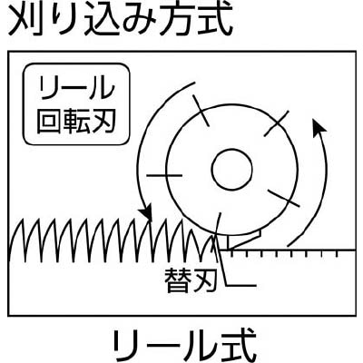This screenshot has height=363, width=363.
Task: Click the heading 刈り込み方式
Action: click(x=121, y=20)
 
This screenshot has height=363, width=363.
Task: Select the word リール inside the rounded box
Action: click(x=76, y=87)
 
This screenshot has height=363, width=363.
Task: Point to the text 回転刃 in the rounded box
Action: click(x=76, y=120)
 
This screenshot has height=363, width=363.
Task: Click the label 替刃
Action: click(x=191, y=280)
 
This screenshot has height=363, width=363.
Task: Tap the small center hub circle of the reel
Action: click(x=232, y=169)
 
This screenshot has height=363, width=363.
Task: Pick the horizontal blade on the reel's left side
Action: click(x=164, y=175)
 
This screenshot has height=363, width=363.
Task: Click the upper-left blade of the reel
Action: click(x=201, y=111)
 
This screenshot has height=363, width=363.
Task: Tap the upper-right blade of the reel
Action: click(x=276, y=123)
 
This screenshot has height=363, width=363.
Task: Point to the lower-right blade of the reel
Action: click(x=284, y=199)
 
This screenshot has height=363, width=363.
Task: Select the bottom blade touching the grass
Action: click(x=218, y=227)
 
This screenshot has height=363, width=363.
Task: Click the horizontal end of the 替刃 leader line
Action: click(x=256, y=285)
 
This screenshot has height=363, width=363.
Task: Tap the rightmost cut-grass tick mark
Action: click(x=338, y=254)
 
